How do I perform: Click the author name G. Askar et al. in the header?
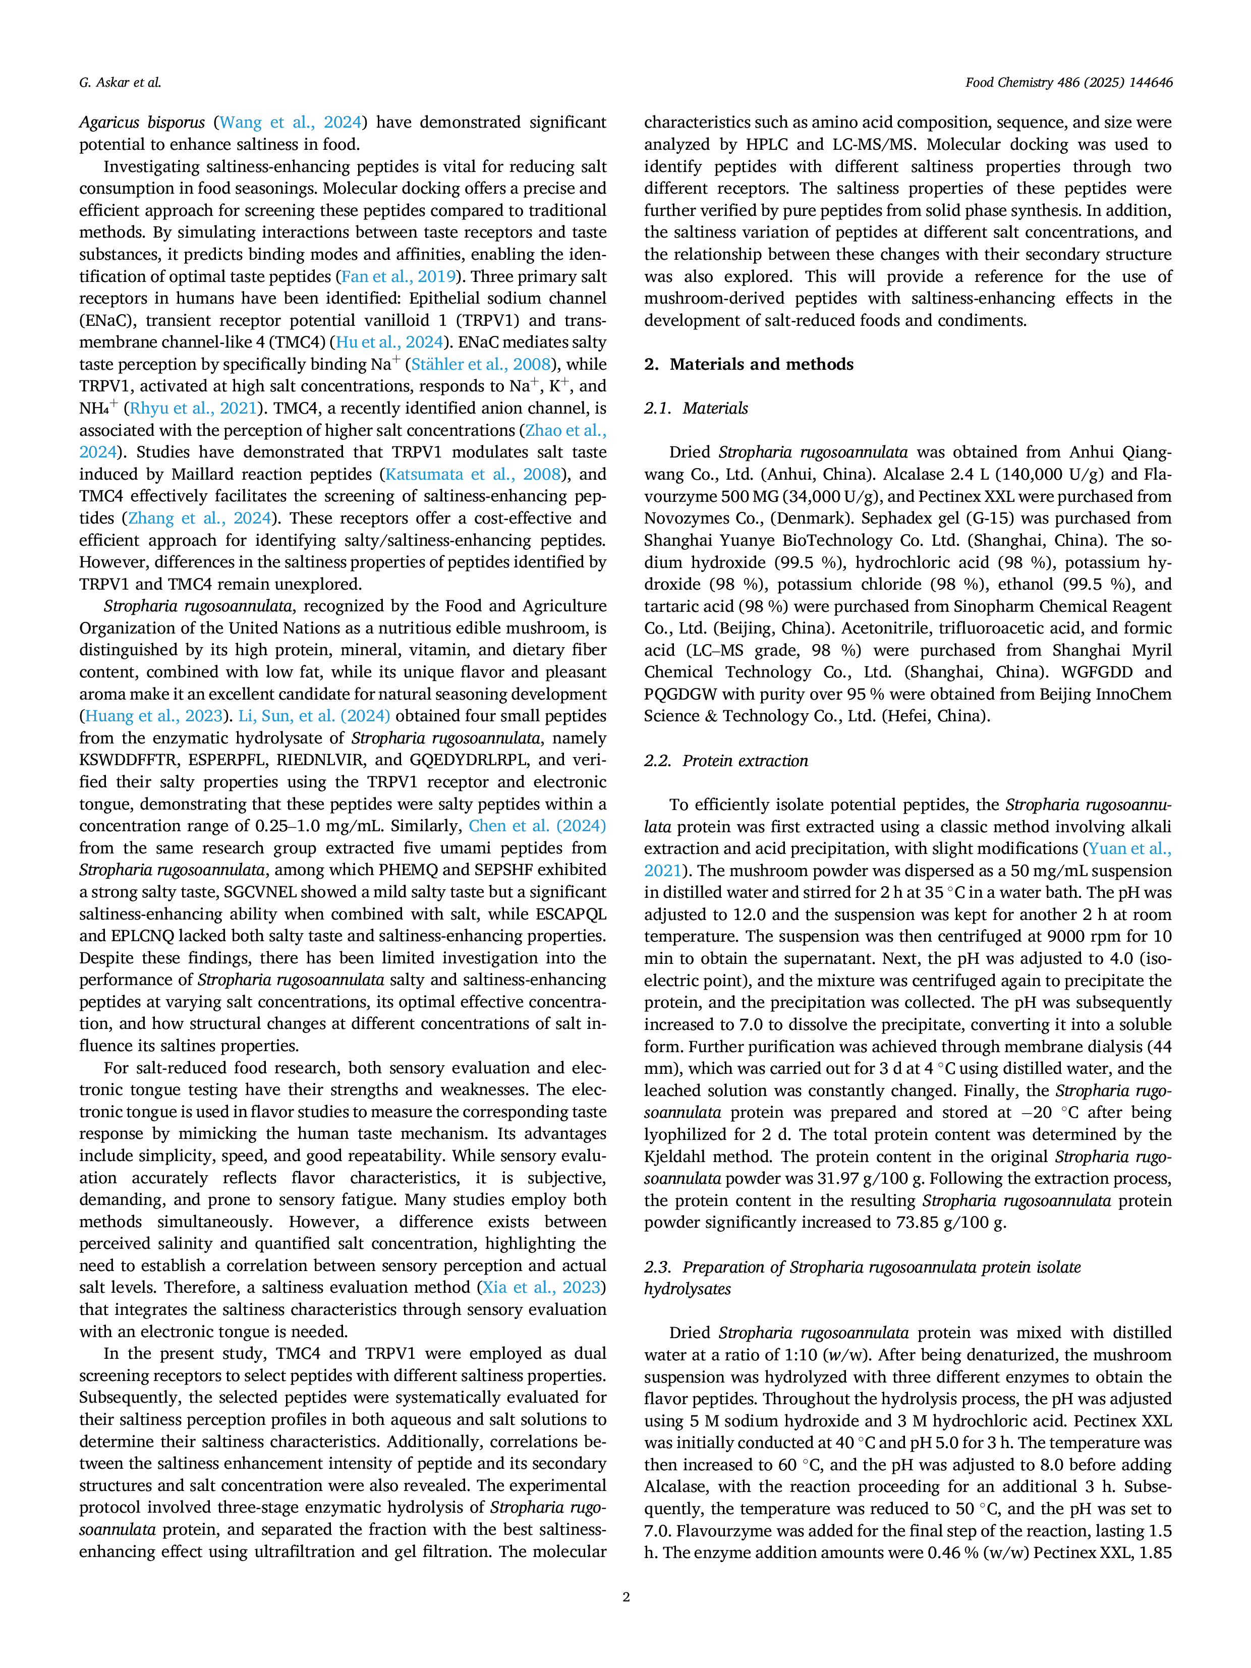(x=120, y=83)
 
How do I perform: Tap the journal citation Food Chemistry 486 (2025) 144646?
(x=1068, y=83)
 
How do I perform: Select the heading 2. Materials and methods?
(x=749, y=364)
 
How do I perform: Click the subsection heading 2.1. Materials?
(x=696, y=408)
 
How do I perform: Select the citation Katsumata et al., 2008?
(x=473, y=474)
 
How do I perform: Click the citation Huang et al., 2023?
(x=154, y=716)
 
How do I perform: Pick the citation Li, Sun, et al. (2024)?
(x=314, y=716)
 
